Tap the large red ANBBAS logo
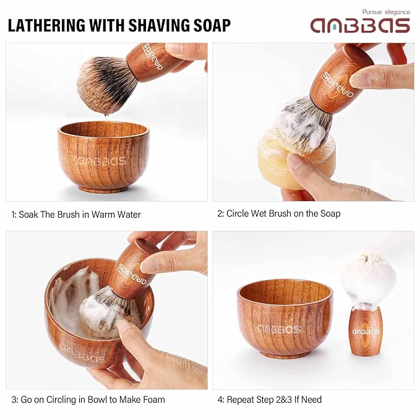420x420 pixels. tap(360, 25)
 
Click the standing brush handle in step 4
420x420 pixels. tap(366, 331)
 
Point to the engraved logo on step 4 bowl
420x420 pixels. tap(279, 329)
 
